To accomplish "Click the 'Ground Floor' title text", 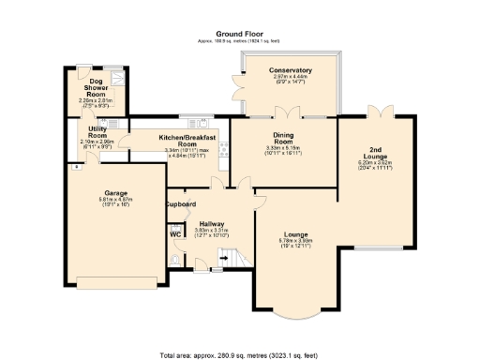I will tap(239, 32).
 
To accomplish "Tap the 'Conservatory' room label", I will tap(290, 70).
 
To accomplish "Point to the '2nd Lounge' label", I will tap(374, 153).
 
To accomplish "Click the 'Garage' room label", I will tap(115, 193).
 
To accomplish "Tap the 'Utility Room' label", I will tap(97, 132).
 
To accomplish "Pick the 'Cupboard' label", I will tap(180, 203).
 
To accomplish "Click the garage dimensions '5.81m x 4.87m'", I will tap(115, 200).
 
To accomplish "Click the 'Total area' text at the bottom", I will tap(239, 353).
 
